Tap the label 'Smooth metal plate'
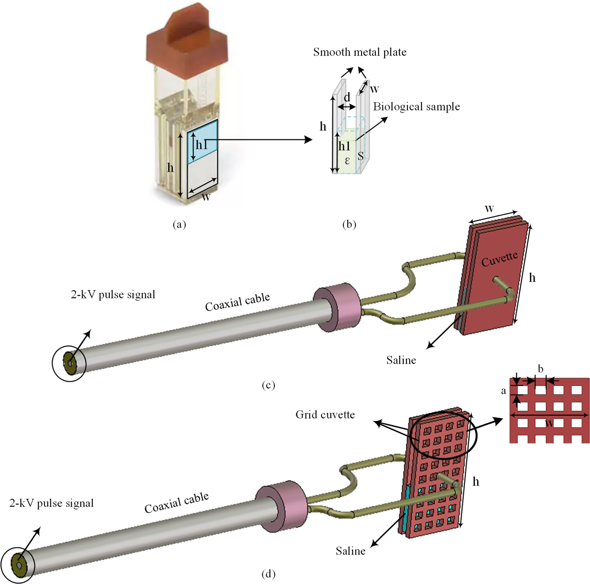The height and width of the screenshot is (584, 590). [x=360, y=52]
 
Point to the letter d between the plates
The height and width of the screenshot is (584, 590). [x=347, y=98]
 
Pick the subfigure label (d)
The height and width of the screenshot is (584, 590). [x=268, y=574]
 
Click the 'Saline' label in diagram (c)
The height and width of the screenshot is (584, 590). [x=401, y=360]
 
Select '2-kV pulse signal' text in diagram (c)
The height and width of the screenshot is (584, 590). [x=113, y=295]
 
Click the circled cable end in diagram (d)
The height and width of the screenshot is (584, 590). [x=18, y=565]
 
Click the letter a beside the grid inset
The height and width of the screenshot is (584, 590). [x=504, y=391]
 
